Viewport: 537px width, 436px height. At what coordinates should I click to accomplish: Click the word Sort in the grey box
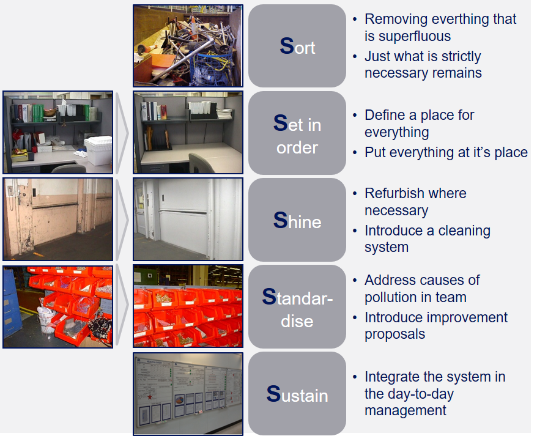(297, 46)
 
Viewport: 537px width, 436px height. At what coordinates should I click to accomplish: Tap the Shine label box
(297, 220)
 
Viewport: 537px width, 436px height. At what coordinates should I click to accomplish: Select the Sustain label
(297, 394)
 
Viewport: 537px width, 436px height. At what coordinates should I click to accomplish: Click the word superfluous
(407, 36)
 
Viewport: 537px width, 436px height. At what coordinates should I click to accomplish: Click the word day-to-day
(409, 394)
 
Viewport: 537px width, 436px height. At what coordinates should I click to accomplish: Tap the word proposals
(395, 334)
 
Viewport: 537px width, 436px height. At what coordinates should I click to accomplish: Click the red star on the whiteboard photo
(150, 397)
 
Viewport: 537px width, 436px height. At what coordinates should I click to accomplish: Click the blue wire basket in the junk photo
(212, 68)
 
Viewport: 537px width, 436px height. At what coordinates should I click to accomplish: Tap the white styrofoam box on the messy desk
(98, 150)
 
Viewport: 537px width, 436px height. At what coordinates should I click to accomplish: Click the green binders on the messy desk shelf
(38, 113)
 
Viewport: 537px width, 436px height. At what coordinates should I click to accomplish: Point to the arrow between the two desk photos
(122, 133)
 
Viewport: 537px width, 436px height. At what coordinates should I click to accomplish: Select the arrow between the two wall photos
(122, 220)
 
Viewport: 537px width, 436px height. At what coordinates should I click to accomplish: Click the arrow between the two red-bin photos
(122, 305)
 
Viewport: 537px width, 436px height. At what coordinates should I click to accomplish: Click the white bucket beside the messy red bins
(46, 320)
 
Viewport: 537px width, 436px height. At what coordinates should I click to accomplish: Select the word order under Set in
(297, 148)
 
